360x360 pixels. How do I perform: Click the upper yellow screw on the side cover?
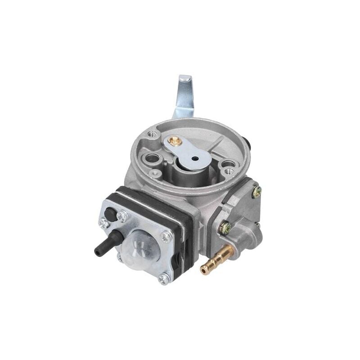[x=257, y=192]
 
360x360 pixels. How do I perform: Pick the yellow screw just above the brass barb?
[x=225, y=229]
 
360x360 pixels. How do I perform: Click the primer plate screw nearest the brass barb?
[x=164, y=279]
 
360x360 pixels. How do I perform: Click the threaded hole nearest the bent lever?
[x=153, y=134]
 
